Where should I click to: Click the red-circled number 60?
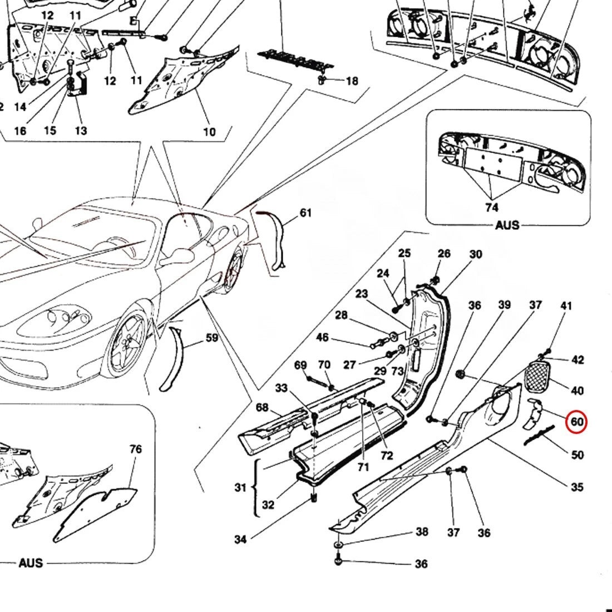click(577, 422)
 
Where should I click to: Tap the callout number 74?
click(492, 207)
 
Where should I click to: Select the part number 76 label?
click(135, 449)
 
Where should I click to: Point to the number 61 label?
click(305, 213)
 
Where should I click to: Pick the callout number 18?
click(352, 81)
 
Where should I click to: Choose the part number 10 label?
click(209, 132)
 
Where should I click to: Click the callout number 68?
click(262, 408)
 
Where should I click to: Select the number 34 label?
click(240, 539)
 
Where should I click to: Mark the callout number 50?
click(578, 455)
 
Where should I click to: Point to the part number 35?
click(577, 487)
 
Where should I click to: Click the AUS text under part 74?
click(506, 225)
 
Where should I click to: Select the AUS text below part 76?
click(31, 563)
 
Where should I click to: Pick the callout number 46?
click(322, 338)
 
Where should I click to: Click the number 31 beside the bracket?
click(240, 488)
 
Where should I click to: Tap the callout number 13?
click(81, 131)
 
